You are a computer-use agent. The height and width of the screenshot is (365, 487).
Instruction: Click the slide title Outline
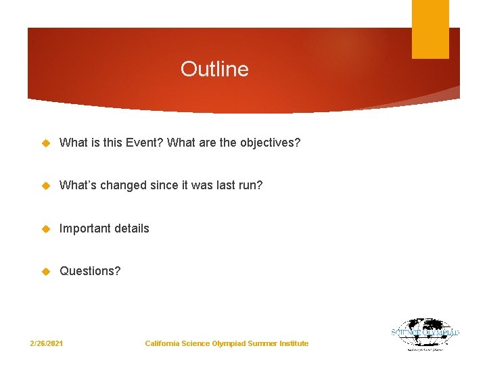click(214, 69)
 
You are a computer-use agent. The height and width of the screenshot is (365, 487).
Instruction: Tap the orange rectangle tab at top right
click(430, 28)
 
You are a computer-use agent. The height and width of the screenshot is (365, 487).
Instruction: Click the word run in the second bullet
click(252, 185)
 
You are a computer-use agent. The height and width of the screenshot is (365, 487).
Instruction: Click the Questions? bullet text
click(90, 271)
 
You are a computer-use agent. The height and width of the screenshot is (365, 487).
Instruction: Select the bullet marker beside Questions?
click(47, 271)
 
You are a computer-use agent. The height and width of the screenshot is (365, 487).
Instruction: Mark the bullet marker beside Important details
click(47, 228)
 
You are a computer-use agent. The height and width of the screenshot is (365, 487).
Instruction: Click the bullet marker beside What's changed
click(47, 185)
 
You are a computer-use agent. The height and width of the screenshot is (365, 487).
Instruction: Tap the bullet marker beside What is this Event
click(47, 143)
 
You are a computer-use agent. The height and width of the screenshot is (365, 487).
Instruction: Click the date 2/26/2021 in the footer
click(47, 344)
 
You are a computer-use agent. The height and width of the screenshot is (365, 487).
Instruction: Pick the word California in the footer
click(162, 344)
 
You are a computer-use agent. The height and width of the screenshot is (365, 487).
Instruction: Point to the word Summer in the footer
click(262, 344)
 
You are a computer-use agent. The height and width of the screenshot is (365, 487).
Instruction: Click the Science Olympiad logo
click(425, 334)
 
